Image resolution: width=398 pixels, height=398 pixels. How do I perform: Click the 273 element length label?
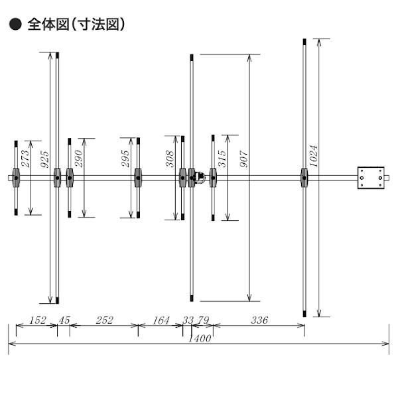(26, 158)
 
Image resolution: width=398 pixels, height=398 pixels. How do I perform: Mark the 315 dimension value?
(222, 159)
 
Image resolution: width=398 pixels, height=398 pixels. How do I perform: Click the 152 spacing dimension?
(38, 320)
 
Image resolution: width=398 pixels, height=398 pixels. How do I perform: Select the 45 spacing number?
(64, 320)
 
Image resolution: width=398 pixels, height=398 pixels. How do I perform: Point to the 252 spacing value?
(104, 320)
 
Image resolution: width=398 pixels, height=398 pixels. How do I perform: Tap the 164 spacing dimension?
(161, 320)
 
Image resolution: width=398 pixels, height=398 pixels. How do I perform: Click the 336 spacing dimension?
(259, 320)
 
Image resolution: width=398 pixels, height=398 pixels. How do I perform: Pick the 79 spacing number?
(202, 320)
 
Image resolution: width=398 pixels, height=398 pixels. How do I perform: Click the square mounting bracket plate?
(371, 178)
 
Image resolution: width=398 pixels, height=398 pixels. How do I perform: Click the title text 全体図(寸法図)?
(76, 25)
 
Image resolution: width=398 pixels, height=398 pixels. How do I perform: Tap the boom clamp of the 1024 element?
(304, 177)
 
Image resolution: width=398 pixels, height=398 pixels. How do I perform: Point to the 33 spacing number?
(188, 320)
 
